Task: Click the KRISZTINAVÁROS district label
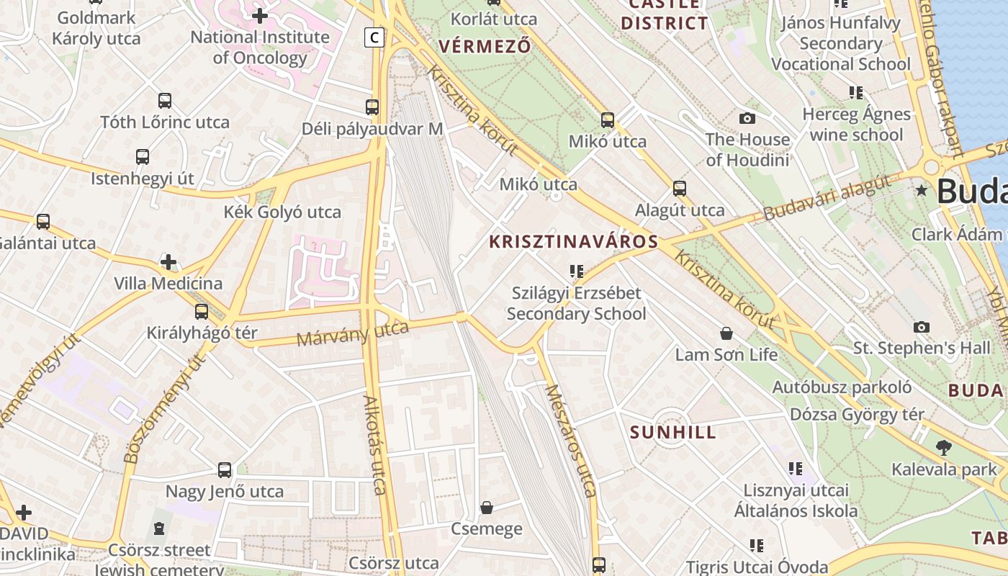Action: pyautogui.click(x=574, y=242)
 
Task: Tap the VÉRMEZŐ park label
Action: pyautogui.click(x=485, y=47)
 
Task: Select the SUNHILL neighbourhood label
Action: pyautogui.click(x=673, y=433)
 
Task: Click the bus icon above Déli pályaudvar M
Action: pyautogui.click(x=372, y=107)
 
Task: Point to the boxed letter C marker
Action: pyautogui.click(x=374, y=37)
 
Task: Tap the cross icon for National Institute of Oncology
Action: pyautogui.click(x=260, y=15)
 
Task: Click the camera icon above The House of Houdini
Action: pyautogui.click(x=747, y=118)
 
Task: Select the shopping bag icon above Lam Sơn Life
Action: pyautogui.click(x=726, y=333)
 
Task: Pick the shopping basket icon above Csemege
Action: pyautogui.click(x=487, y=508)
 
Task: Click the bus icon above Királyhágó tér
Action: pyautogui.click(x=202, y=312)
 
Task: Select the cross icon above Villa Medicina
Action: pyautogui.click(x=168, y=262)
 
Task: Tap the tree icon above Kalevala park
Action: pyautogui.click(x=943, y=448)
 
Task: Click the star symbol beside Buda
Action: pyautogui.click(x=921, y=191)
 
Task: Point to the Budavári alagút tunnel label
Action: pyautogui.click(x=827, y=198)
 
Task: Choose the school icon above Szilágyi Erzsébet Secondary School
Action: pyautogui.click(x=576, y=271)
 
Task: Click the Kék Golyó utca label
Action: pyautogui.click(x=282, y=212)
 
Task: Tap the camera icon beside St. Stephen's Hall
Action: pyautogui.click(x=921, y=327)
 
